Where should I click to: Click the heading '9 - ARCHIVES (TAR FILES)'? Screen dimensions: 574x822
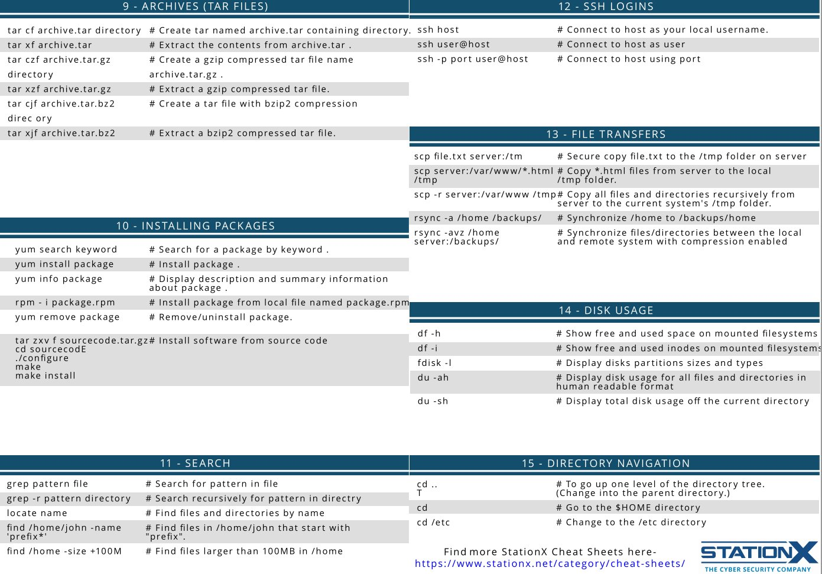[x=196, y=7]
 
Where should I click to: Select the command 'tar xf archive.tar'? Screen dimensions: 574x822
[x=50, y=45]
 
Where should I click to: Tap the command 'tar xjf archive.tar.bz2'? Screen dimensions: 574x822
[x=61, y=133]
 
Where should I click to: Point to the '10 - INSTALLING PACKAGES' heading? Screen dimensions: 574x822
[x=196, y=226]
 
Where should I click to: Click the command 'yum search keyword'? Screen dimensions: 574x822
[x=66, y=249]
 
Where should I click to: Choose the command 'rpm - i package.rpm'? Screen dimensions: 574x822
[x=65, y=302]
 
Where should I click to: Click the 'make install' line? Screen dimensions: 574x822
[x=46, y=375]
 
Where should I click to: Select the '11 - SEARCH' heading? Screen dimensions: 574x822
[x=195, y=463]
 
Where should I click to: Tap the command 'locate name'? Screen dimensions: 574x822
[x=37, y=513]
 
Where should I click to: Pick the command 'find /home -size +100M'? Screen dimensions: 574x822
[x=64, y=551]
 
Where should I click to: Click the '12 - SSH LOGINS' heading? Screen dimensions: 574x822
[x=606, y=7]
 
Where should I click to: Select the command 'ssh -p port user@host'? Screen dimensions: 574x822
[x=473, y=59]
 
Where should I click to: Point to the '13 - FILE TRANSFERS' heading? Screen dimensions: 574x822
[x=606, y=134]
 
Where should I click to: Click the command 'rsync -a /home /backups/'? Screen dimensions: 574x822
[x=477, y=218]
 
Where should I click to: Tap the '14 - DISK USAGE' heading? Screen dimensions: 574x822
[x=606, y=310]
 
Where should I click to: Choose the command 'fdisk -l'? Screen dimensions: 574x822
[x=434, y=363]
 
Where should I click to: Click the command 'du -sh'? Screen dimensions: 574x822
[x=433, y=401]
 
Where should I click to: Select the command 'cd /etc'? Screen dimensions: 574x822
[x=433, y=522]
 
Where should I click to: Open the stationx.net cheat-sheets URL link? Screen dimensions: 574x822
[x=550, y=563]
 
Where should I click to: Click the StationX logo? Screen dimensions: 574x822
[x=759, y=556]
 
